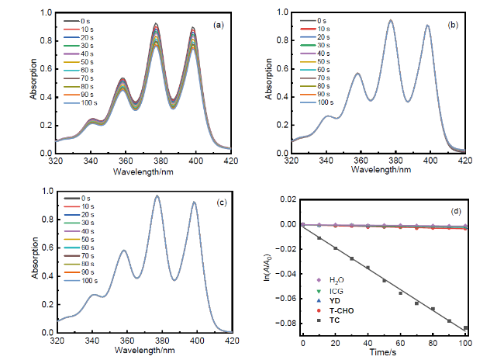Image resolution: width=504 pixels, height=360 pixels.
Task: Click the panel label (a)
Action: (218, 25)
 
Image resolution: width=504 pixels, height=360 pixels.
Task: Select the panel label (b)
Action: (453, 25)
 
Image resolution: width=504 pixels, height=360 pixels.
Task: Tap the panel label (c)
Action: (222, 202)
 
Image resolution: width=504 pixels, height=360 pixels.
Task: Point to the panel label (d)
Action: (456, 211)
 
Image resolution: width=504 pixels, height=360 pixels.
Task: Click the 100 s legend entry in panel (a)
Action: (81, 103)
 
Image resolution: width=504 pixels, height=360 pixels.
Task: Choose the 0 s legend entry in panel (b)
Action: (313, 21)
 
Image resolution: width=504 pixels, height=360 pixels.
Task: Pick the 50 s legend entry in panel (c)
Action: (79, 240)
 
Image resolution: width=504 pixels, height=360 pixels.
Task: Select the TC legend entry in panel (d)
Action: (328, 320)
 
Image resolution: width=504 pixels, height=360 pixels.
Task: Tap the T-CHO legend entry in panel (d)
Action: (335, 311)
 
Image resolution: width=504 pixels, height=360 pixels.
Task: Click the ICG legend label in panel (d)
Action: (337, 292)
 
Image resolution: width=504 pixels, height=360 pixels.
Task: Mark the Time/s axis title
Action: (383, 352)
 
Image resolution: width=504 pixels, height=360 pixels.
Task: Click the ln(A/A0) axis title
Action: (268, 265)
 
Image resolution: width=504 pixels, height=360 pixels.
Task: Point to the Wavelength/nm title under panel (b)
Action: (381, 169)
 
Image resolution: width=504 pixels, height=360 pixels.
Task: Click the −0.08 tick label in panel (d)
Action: (288, 324)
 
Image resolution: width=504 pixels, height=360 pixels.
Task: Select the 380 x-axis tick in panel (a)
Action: (161, 161)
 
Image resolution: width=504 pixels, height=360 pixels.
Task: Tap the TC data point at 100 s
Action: (465, 328)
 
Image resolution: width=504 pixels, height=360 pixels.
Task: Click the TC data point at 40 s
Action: (368, 268)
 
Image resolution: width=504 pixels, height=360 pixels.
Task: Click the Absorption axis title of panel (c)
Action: (36, 258)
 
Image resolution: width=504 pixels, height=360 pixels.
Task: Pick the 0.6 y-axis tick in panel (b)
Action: (284, 69)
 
